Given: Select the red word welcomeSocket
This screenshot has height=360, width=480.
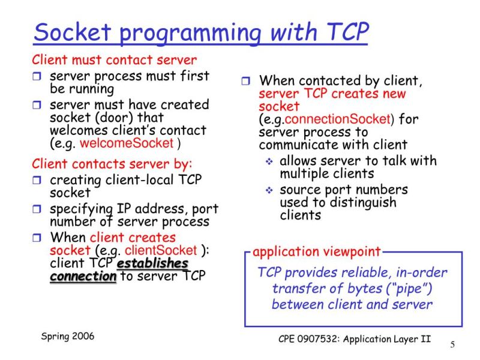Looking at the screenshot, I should [126, 143].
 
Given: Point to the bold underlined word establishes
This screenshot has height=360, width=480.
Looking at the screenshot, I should [153, 263].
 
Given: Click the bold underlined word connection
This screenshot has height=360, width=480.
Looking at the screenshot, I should [83, 277].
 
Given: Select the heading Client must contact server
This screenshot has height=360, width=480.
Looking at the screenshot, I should [114, 61].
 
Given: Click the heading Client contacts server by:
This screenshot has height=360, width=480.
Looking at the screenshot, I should [112, 164].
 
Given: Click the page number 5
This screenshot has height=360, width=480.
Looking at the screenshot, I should [452, 344].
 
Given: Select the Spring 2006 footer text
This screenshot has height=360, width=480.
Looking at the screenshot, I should [68, 336].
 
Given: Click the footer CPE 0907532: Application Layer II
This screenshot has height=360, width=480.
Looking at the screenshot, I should [355, 338].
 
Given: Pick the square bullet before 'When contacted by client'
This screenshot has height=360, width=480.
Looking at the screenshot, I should [247, 81].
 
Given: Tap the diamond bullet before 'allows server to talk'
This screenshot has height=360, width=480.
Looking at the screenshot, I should [269, 161].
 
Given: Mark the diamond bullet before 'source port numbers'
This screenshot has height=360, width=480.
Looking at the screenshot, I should [269, 190].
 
